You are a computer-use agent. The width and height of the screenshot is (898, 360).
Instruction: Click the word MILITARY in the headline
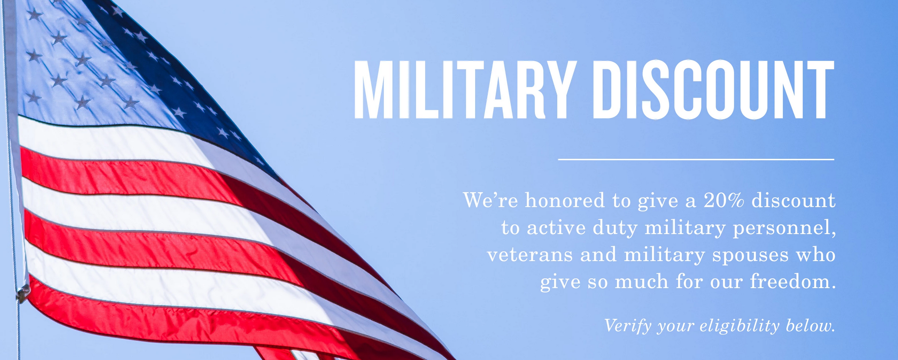tap(465, 89)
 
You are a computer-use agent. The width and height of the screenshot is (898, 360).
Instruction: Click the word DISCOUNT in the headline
tap(713, 89)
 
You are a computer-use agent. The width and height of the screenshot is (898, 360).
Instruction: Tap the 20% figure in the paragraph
tap(724, 200)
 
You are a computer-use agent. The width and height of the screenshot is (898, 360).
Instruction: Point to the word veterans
tap(530, 255)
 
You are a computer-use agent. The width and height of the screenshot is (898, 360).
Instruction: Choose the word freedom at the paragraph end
tap(793, 281)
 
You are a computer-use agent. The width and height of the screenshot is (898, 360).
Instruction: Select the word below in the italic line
tap(810, 325)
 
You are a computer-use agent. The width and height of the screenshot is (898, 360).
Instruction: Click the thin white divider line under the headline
tap(696, 159)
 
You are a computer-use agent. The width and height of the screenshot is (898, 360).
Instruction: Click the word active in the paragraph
tap(556, 228)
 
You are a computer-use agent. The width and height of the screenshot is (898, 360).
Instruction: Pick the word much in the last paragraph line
tap(642, 281)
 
